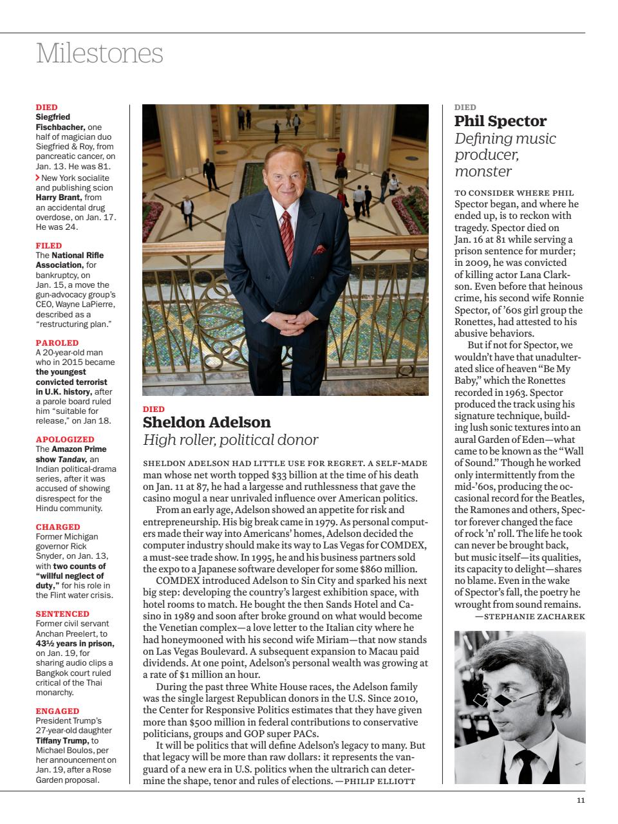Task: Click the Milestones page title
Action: [100, 53]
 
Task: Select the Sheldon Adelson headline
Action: [207, 422]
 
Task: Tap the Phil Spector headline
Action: [500, 121]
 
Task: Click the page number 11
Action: [581, 801]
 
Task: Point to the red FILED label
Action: [49, 245]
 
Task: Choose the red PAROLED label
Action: [57, 342]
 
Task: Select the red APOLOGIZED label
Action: [65, 439]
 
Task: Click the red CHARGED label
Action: [58, 527]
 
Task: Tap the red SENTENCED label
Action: [62, 613]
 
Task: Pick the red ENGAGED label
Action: [57, 711]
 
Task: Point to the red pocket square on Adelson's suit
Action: [320, 248]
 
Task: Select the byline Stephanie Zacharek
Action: [530, 616]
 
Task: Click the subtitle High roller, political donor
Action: [230, 440]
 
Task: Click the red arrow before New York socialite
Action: [38, 178]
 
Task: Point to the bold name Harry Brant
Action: [59, 198]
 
